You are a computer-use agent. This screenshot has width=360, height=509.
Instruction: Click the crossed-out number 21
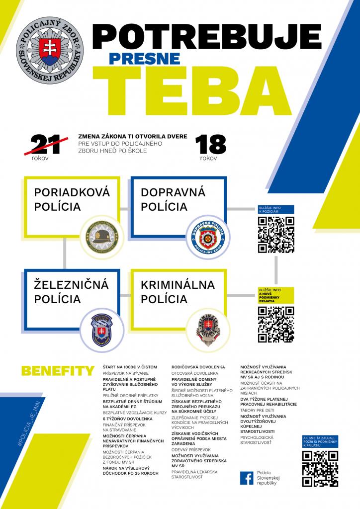(x=46, y=144)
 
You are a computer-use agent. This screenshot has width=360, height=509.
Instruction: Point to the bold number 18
(x=211, y=144)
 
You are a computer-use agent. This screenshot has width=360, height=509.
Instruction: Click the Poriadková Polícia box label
(x=72, y=199)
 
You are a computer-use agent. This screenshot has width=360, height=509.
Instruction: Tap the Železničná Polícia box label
(x=72, y=292)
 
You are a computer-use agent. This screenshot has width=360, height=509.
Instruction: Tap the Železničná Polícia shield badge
(x=101, y=330)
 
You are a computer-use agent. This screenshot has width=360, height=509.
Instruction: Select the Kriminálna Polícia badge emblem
(x=209, y=329)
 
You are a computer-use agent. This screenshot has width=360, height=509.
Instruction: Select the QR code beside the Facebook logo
(x=320, y=469)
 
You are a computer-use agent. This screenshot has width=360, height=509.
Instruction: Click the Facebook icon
(x=246, y=478)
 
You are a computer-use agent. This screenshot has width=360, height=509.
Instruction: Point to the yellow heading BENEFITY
(x=58, y=371)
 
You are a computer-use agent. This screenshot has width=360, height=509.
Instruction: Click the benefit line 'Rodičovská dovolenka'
(x=198, y=367)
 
